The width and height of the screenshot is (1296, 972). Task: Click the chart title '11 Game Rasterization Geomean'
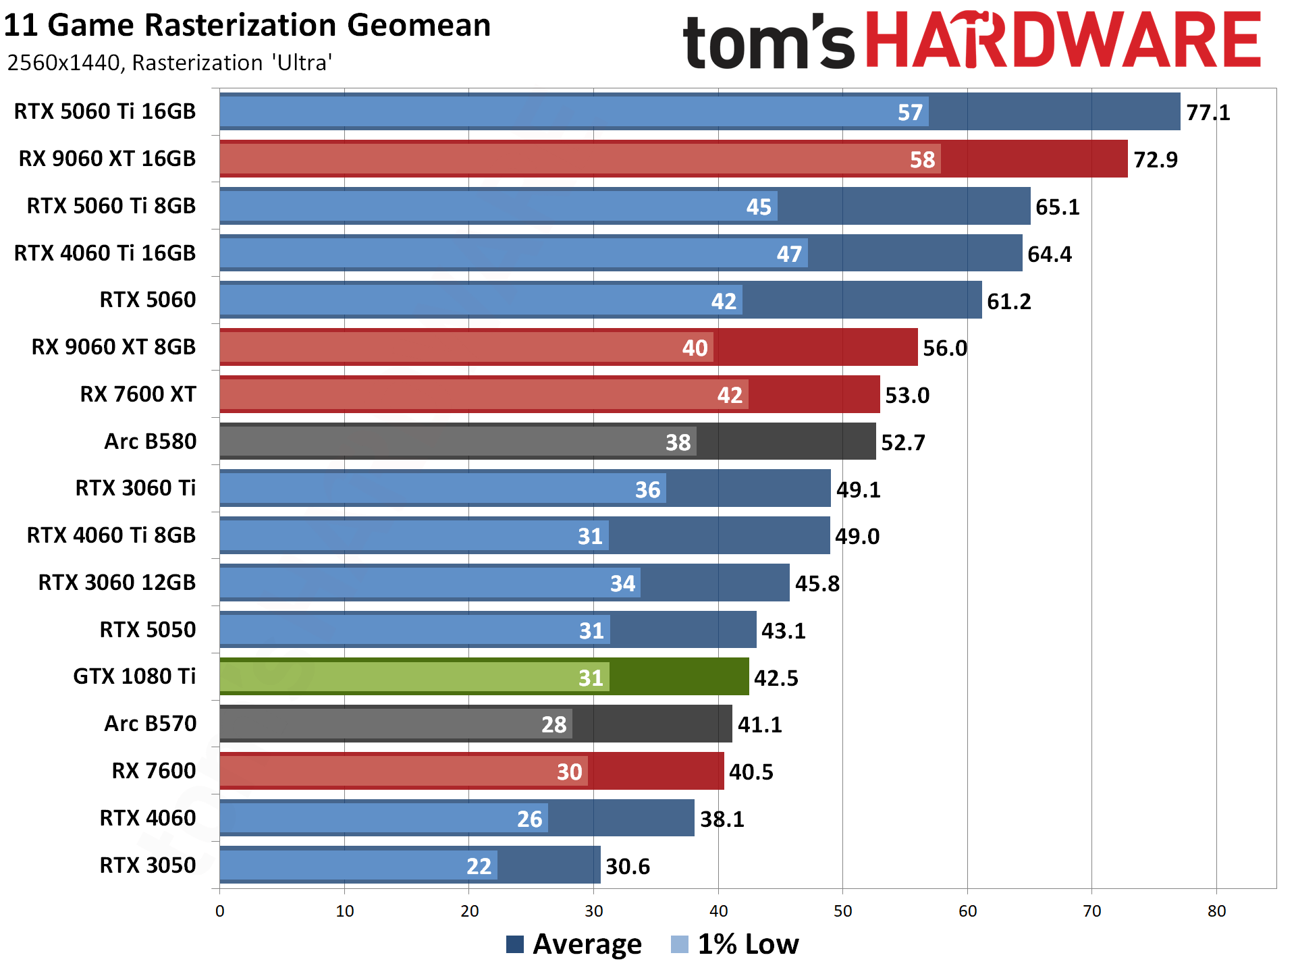tap(247, 26)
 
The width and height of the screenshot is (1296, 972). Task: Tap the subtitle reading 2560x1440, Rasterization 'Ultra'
tap(169, 63)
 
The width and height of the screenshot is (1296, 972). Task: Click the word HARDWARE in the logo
tap(1062, 40)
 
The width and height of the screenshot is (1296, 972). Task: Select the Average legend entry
tap(574, 944)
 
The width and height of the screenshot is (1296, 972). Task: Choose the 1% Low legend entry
tap(736, 944)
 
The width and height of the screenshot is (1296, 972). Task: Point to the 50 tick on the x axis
tap(842, 911)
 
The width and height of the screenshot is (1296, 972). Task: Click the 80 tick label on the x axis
tap(1216, 911)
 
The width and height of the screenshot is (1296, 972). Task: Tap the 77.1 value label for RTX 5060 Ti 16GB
tap(1208, 113)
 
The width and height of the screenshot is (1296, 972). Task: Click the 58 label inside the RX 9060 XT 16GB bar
tap(922, 160)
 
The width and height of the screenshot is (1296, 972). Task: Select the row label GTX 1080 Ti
tap(134, 676)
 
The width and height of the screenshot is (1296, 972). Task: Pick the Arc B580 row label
tap(150, 441)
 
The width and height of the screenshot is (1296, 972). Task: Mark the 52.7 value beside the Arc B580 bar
tap(903, 443)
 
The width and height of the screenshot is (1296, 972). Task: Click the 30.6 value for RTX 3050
tap(628, 867)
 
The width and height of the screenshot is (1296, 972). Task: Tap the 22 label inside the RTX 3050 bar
tap(479, 867)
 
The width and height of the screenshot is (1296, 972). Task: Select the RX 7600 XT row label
tap(138, 394)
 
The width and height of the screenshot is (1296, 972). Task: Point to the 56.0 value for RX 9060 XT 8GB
tap(944, 348)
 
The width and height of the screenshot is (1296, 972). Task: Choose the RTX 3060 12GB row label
tap(117, 583)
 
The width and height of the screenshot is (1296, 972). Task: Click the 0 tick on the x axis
tap(220, 911)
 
